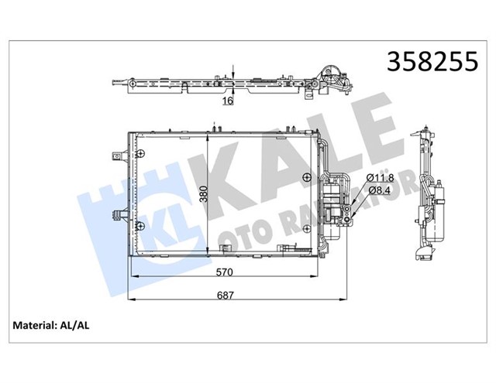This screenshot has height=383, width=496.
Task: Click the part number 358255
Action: tap(432, 62)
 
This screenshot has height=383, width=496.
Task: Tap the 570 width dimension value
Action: tap(224, 272)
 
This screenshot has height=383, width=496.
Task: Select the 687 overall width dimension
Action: tap(226, 296)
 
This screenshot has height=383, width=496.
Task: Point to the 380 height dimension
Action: tap(205, 194)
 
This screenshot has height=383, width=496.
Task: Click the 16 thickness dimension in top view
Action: tap(228, 101)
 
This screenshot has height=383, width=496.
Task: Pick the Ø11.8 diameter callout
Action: tap(381, 178)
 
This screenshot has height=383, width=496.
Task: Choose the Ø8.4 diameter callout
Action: tap(380, 190)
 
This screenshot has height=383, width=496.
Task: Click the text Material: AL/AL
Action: tap(51, 326)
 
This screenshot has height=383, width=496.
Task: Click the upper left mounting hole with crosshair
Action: tap(139, 154)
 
